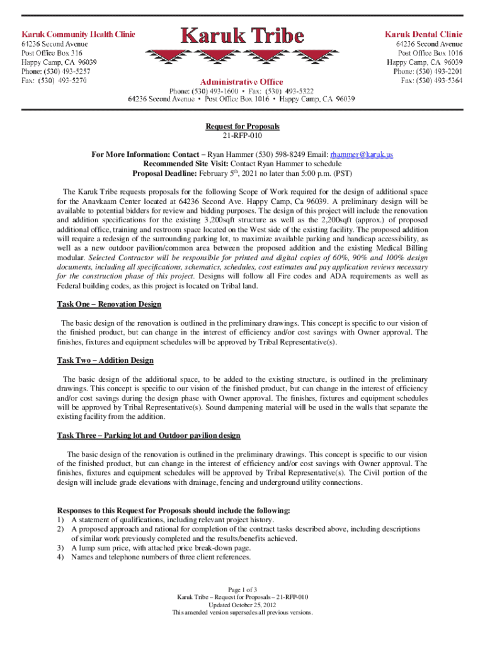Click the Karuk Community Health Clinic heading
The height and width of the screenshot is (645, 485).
point(79,34)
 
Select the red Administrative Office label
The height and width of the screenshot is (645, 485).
point(242,81)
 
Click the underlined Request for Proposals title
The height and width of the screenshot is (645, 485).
point(243,127)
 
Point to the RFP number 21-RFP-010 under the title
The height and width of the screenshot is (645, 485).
point(243,135)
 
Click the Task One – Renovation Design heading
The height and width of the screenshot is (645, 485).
point(109,304)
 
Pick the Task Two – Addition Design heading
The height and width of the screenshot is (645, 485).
point(105,360)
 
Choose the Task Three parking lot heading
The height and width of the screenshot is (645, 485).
point(149,435)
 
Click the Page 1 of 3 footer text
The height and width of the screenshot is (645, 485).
point(243,590)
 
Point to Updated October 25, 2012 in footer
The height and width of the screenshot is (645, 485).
point(243,605)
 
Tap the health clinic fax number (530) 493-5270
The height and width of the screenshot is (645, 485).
point(54,81)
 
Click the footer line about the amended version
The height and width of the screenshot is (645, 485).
point(243,612)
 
